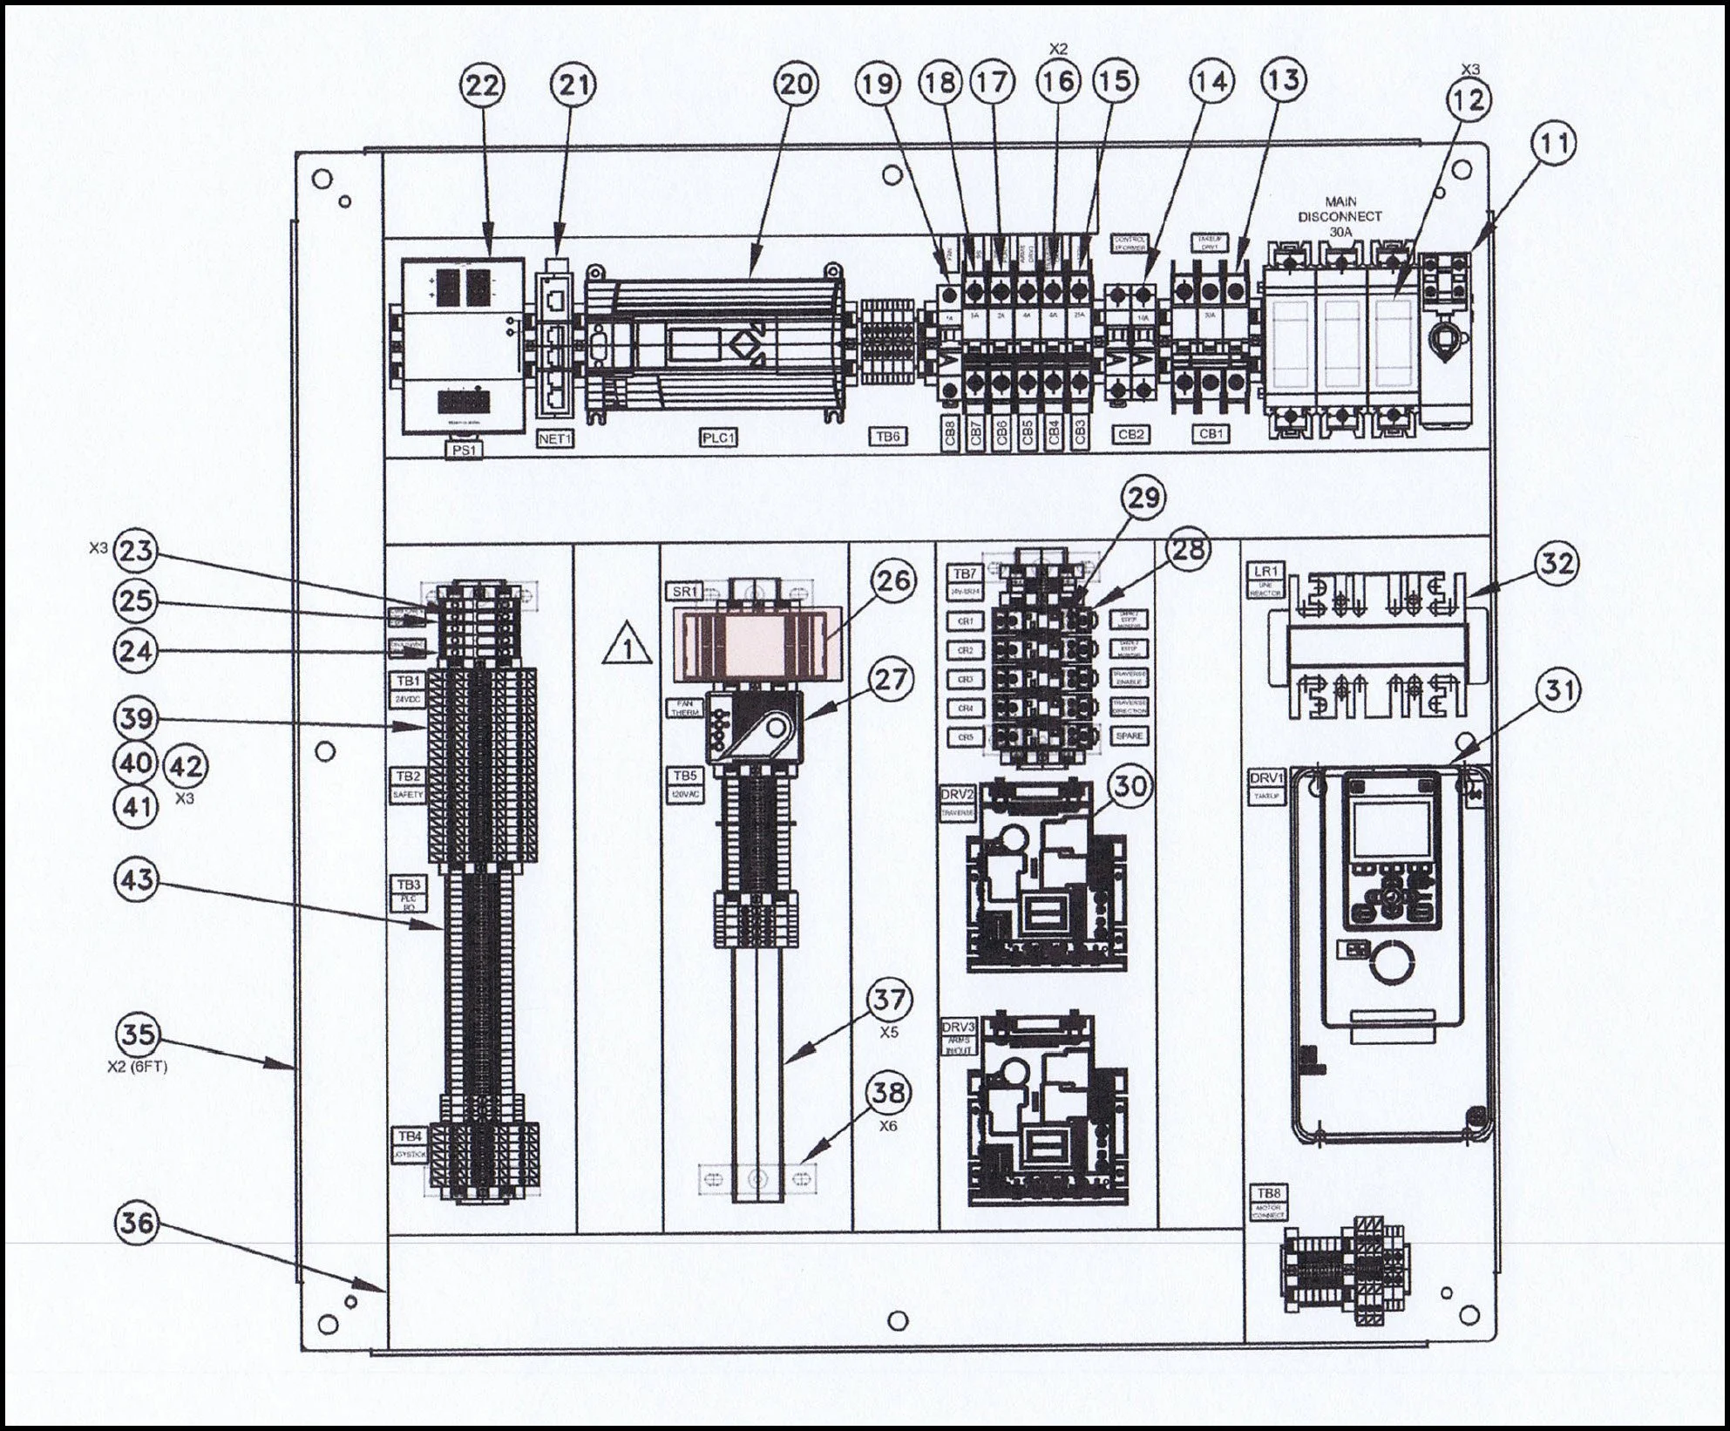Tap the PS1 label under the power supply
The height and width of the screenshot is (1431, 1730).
464,450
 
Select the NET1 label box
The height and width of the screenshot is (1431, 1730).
554,439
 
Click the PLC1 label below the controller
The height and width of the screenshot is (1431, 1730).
719,438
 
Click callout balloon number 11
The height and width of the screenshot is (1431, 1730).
1555,145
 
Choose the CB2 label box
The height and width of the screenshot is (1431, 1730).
1130,433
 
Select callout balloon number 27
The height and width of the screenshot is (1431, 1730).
891,680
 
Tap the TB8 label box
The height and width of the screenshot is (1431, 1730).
1266,1193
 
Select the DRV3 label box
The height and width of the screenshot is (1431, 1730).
957,1026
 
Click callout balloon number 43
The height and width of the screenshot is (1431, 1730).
138,880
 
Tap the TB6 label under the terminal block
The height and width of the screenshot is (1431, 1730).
888,437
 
